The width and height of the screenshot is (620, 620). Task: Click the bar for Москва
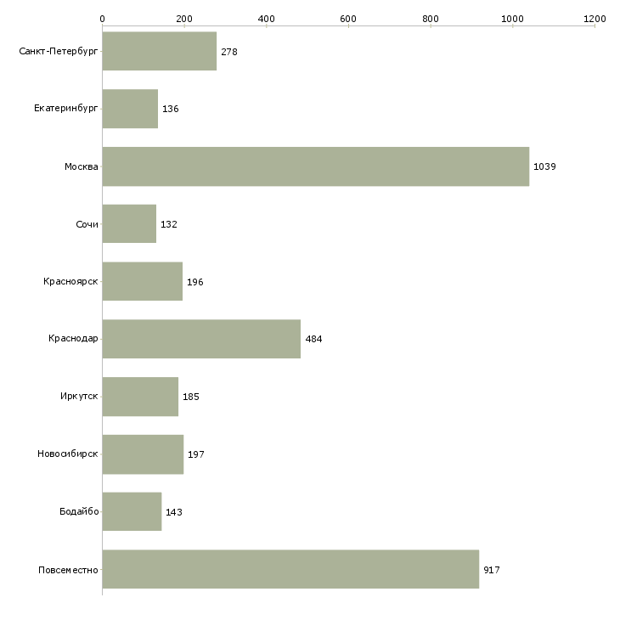click(315, 166)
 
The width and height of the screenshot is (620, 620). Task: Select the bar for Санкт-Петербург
click(160, 52)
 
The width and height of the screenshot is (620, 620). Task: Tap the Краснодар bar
click(201, 339)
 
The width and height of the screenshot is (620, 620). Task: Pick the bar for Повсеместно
click(290, 569)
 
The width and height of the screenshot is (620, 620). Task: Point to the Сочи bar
click(129, 224)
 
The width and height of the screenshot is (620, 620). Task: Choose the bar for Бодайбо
click(132, 512)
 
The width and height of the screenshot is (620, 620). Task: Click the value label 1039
click(544, 167)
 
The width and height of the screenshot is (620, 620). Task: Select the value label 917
click(492, 570)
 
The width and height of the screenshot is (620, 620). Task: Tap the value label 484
click(313, 340)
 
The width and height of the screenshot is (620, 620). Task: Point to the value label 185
click(191, 397)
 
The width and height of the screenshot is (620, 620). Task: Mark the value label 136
click(171, 110)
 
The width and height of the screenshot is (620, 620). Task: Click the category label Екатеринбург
click(66, 109)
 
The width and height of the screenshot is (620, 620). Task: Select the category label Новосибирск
click(68, 454)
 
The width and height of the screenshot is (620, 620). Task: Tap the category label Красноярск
click(70, 282)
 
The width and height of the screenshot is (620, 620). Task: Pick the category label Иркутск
click(79, 397)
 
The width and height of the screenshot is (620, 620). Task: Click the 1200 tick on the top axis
click(595, 18)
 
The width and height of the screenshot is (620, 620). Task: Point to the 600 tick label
click(348, 18)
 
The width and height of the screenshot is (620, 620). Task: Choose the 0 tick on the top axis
click(102, 18)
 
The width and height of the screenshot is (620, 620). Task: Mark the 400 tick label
click(266, 18)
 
